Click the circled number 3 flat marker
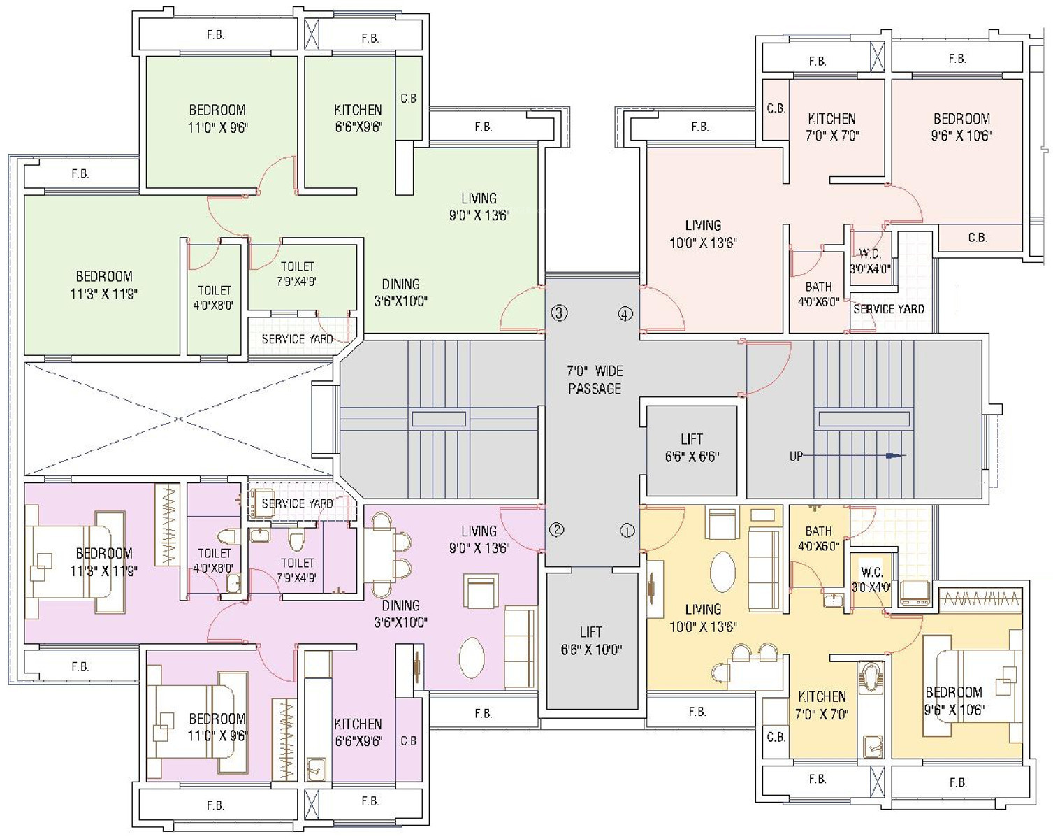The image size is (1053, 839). [559, 313]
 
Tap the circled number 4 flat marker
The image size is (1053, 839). [625, 313]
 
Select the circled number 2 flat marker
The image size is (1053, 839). [557, 529]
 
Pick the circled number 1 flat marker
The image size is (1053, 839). [627, 531]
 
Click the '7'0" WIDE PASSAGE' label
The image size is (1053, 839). [595, 380]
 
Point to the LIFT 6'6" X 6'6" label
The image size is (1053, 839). [691, 447]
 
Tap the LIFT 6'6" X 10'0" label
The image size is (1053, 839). [591, 640]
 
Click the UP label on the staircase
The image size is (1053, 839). [796, 456]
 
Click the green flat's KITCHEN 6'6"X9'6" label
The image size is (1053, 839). [358, 118]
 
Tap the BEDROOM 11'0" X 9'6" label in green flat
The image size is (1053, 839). [218, 119]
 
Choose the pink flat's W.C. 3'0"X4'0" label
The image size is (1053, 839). [870, 261]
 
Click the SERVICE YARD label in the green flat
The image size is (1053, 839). [297, 339]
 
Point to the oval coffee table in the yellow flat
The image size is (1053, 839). [722, 572]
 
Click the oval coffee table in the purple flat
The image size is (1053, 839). [472, 658]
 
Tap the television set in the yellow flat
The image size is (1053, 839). [915, 593]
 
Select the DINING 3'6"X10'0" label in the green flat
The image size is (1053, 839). [401, 292]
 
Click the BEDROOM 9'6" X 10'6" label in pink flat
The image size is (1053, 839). [961, 127]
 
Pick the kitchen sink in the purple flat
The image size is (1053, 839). [316, 769]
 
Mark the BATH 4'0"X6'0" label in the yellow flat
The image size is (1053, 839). [819, 538]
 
